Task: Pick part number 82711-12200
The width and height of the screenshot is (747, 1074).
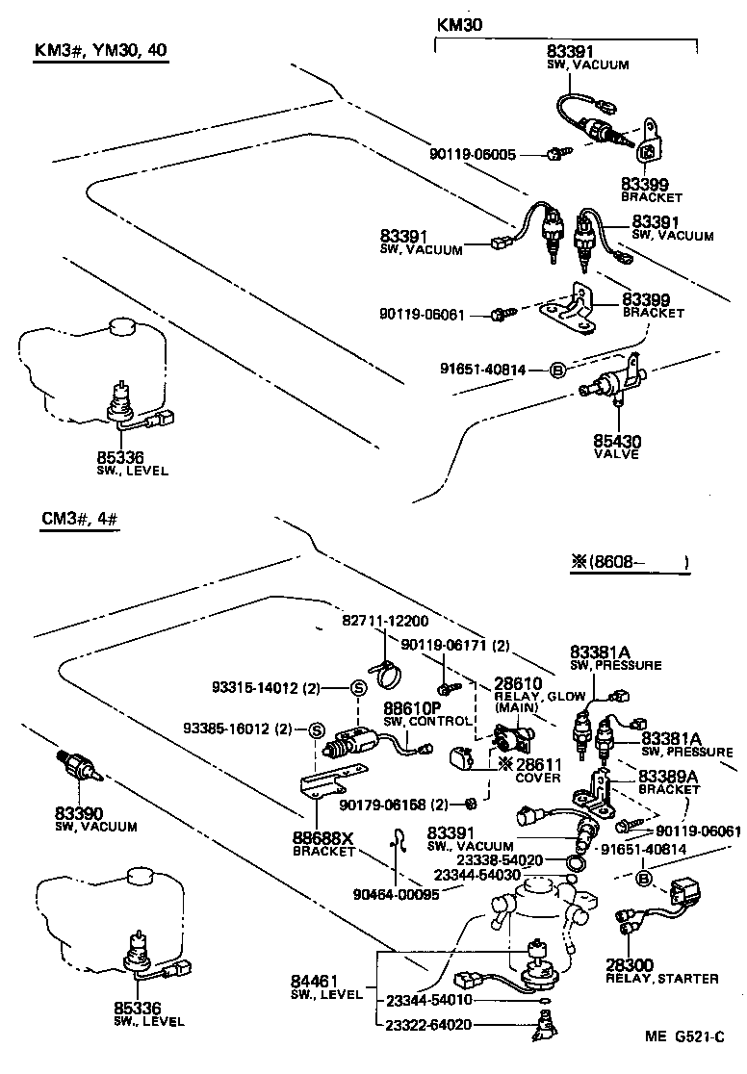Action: [x=385, y=622]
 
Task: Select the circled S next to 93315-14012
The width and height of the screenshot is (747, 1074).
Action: [x=357, y=687]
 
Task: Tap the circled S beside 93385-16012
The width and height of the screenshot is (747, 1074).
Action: [x=315, y=729]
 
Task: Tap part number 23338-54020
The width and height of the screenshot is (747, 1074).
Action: [x=501, y=859]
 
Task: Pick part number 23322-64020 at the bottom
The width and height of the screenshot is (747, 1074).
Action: [x=430, y=1024]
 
